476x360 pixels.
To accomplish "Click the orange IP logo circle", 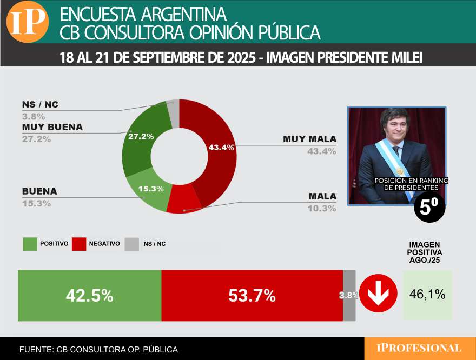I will pyautogui.click(x=28, y=22).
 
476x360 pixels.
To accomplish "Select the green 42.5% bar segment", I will pyautogui.click(x=90, y=296).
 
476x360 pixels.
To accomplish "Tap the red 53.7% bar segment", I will pyautogui.click(x=252, y=296).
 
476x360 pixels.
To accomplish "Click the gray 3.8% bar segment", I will pyautogui.click(x=349, y=296).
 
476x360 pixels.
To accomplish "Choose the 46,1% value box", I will pyautogui.click(x=427, y=295).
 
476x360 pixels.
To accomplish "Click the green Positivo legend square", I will pyautogui.click(x=30, y=244).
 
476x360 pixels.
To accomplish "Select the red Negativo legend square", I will pyautogui.click(x=79, y=244).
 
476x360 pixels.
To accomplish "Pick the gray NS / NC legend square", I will pyautogui.click(x=131, y=244).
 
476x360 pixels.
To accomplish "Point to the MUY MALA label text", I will pyautogui.click(x=309, y=139).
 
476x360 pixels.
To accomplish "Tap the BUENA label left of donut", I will pyautogui.click(x=39, y=191).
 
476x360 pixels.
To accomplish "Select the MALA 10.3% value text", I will pyautogui.click(x=322, y=209).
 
